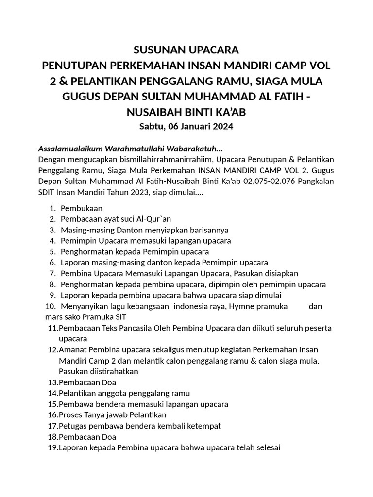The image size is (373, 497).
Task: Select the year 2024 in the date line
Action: (x=222, y=127)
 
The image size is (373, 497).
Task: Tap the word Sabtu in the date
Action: (x=152, y=127)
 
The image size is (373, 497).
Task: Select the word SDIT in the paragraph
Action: (x=47, y=192)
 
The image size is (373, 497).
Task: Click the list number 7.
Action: (x=52, y=273)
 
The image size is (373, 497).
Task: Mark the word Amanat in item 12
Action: (x=71, y=349)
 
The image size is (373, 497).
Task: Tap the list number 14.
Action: (x=52, y=393)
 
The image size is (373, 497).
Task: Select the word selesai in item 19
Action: (x=268, y=447)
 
